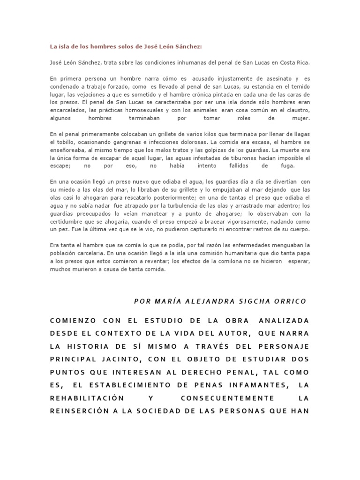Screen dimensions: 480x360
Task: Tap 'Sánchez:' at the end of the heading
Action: pyautogui.click(x=191, y=46)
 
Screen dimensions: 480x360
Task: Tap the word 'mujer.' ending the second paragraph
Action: pyautogui.click(x=300, y=119)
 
